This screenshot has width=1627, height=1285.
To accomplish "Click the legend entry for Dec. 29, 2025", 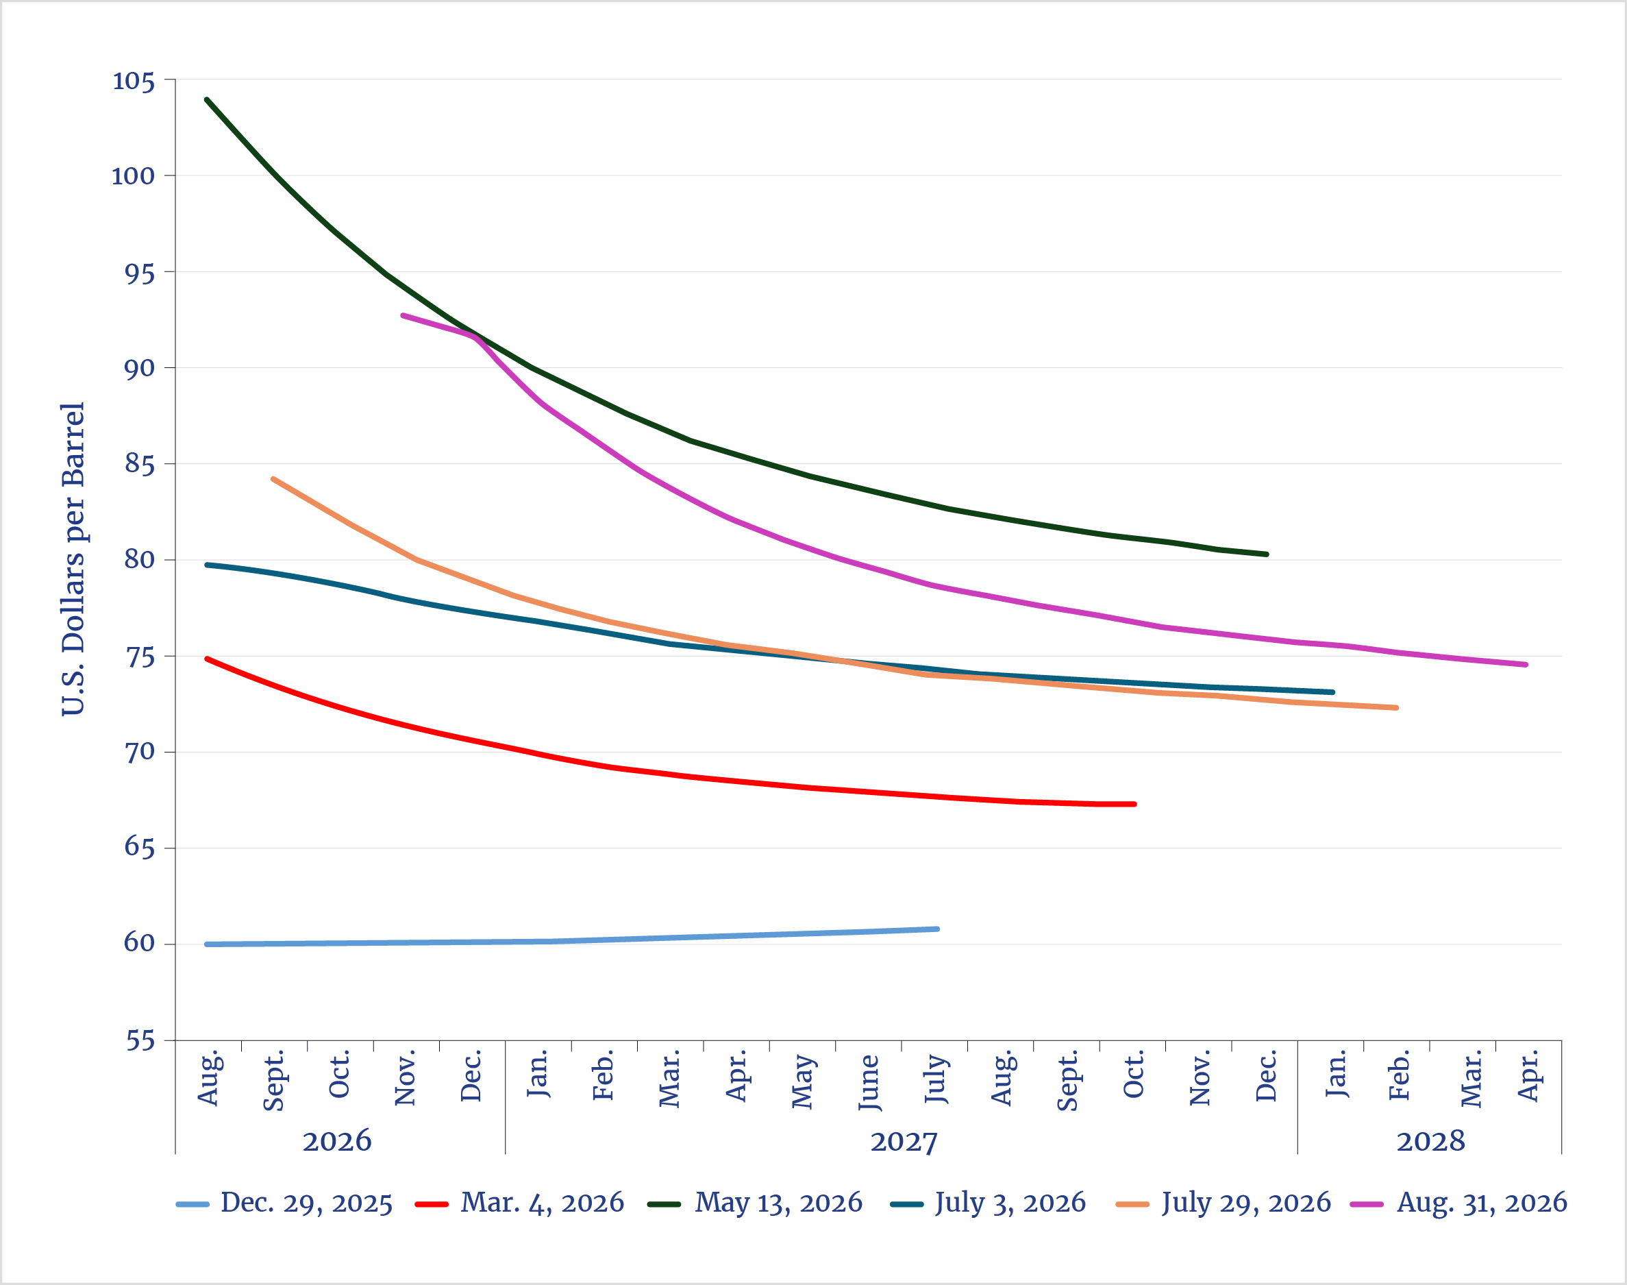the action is tap(284, 1203).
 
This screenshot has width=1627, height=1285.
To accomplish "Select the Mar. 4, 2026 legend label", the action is tap(519, 1203).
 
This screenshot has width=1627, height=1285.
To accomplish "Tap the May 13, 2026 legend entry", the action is tap(755, 1203).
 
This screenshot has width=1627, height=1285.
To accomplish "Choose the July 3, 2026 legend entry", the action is tap(988, 1203).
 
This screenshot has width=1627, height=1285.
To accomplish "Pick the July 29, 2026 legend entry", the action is tap(1224, 1203).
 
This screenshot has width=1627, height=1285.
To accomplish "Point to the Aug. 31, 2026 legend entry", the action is tap(1458, 1203).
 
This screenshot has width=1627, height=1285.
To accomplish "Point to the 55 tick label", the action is tap(140, 1041).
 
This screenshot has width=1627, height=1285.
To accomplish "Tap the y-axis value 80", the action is tap(140, 560).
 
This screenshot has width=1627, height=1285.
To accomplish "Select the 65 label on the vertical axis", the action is tap(140, 848).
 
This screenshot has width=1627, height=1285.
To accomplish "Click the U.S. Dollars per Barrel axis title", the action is tap(73, 559).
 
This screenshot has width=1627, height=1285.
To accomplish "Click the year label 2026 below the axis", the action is tap(337, 1141).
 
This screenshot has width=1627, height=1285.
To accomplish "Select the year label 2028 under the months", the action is tap(1431, 1141).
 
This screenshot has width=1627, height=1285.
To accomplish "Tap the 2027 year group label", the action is tap(904, 1141).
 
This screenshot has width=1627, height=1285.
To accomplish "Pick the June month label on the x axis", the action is tap(870, 1083).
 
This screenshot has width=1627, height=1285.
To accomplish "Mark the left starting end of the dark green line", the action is tap(207, 99).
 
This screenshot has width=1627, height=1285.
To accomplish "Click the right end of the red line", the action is tap(1134, 805).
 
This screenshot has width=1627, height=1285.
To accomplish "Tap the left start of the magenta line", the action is tap(403, 316).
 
